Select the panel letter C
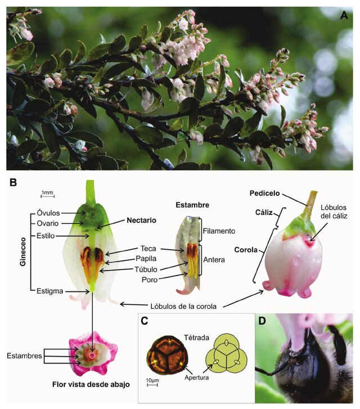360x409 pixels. [146, 321]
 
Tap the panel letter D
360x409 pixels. [263, 321]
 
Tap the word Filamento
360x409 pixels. [220, 231]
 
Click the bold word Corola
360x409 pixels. [245, 249]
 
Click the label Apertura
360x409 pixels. [195, 378]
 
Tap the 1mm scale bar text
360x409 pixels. [47, 193]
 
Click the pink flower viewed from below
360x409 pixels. [92, 356]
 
